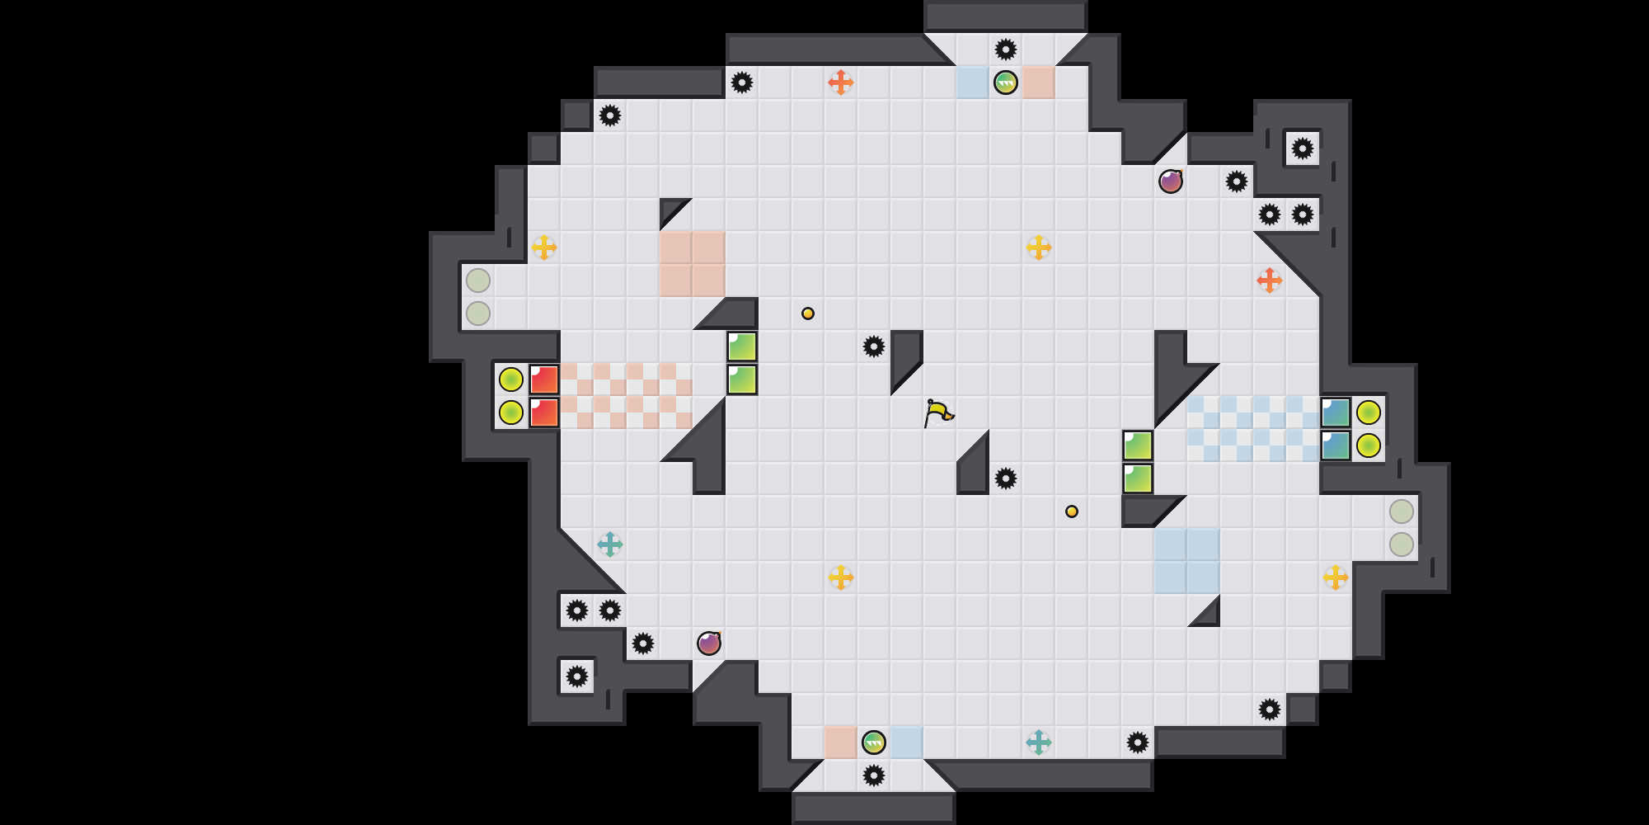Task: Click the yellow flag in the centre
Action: pyautogui.click(x=937, y=412)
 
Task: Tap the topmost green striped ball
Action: pyautogui.click(x=1006, y=82)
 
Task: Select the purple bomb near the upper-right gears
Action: pyautogui.click(x=1171, y=181)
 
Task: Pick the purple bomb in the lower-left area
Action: pyautogui.click(x=709, y=643)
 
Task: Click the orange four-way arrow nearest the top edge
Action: pyautogui.click(x=841, y=82)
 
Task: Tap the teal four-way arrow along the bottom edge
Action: pyautogui.click(x=1039, y=742)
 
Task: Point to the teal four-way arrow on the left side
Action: pyautogui.click(x=610, y=544)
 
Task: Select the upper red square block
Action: pyautogui.click(x=544, y=379)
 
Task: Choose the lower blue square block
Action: pyautogui.click(x=1336, y=445)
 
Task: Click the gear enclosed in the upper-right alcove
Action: pyautogui.click(x=1303, y=148)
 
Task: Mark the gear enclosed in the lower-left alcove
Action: pyautogui.click(x=577, y=676)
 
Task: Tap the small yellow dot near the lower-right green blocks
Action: pyautogui.click(x=1072, y=511)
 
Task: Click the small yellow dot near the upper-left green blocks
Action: pyautogui.click(x=808, y=313)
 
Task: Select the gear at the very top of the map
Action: pyautogui.click(x=1006, y=49)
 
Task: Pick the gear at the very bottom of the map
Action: pyautogui.click(x=874, y=775)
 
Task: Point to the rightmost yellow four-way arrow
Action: pyautogui.click(x=1336, y=577)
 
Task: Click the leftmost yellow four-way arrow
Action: pyautogui.click(x=544, y=247)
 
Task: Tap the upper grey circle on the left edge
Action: pyautogui.click(x=478, y=280)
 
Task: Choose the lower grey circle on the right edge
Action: pyautogui.click(x=1402, y=544)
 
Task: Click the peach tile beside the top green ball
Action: pyautogui.click(x=1039, y=82)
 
